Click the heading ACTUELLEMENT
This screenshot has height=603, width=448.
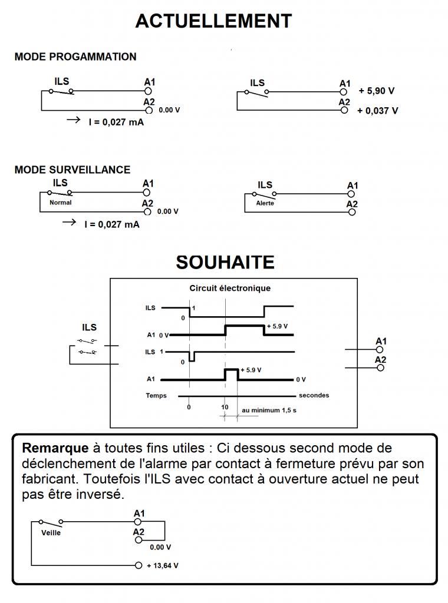[x=213, y=21]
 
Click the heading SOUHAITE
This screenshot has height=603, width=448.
[x=225, y=262]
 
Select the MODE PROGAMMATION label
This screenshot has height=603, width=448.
[x=75, y=57]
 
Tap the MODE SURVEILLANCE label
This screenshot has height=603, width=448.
[x=72, y=170]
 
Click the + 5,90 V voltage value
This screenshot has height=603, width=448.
[x=376, y=91]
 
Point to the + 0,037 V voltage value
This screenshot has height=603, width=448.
[x=377, y=111]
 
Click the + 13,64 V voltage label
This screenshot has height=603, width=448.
[x=162, y=565]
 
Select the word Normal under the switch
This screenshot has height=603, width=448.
[x=60, y=203]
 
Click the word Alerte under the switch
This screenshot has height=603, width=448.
[x=265, y=204]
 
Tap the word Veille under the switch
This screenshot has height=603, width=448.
[x=51, y=533]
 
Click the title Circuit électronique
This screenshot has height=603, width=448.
[x=230, y=289]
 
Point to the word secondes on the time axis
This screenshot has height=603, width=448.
[x=314, y=395]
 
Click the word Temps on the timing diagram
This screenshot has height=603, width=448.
[x=156, y=396]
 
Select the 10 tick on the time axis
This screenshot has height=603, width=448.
[x=225, y=407]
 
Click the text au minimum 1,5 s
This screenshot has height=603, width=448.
[x=269, y=410]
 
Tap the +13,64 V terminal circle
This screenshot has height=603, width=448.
[x=139, y=565]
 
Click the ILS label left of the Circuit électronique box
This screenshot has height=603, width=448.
[x=89, y=327]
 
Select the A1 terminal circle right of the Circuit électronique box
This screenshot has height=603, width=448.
[x=380, y=349]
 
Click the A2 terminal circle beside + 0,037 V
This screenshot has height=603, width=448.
[x=345, y=110]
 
